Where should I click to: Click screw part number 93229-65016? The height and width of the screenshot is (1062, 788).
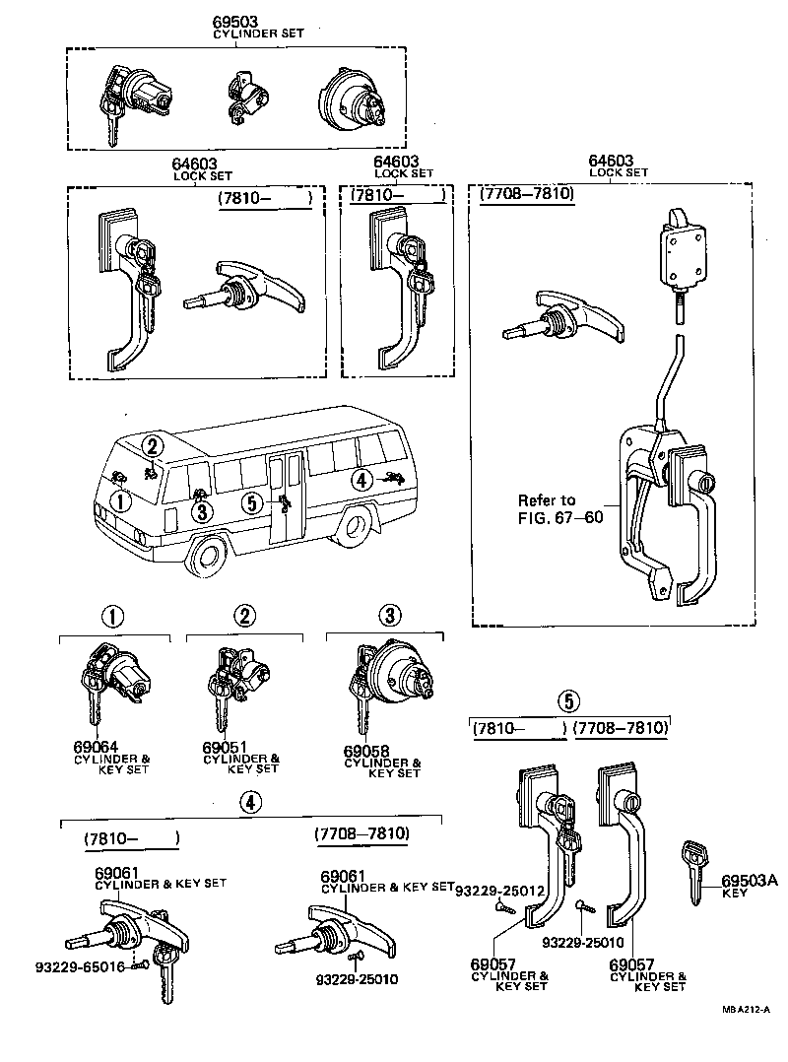pyautogui.click(x=61, y=966)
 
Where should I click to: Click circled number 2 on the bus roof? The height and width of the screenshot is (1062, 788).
pyautogui.click(x=152, y=446)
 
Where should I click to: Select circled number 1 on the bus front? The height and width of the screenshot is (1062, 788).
pyautogui.click(x=119, y=501)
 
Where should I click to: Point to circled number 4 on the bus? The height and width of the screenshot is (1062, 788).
pyautogui.click(x=361, y=480)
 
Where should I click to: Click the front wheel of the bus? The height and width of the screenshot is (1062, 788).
pyautogui.click(x=208, y=559)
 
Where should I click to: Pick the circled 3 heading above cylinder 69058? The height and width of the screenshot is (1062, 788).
pyautogui.click(x=390, y=616)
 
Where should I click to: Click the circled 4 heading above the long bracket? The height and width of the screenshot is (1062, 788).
pyautogui.click(x=251, y=803)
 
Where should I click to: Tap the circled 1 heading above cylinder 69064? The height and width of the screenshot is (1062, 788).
pyautogui.click(x=113, y=617)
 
